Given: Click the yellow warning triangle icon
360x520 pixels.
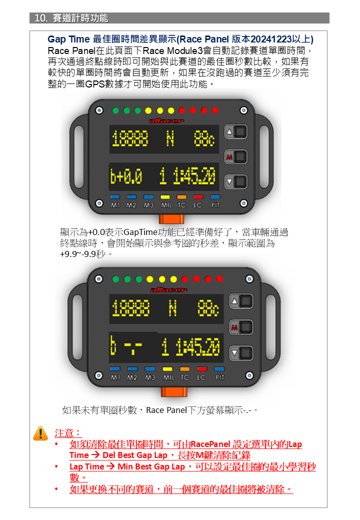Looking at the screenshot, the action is (x=41, y=433).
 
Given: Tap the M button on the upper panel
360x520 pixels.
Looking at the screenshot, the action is (x=236, y=157).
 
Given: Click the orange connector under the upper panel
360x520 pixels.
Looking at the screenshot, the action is (x=171, y=219).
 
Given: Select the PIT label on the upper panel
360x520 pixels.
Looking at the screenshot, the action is (x=215, y=205).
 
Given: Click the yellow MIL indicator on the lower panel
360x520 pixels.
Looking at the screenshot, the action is (x=167, y=369).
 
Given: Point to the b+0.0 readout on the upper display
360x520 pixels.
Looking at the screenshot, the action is (x=126, y=176).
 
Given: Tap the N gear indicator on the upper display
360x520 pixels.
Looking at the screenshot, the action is (x=170, y=138).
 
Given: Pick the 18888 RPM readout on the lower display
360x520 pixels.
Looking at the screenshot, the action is (x=130, y=308).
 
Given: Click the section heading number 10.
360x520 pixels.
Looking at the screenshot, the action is (x=41, y=18).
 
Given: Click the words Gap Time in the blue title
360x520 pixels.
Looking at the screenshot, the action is (x=68, y=39).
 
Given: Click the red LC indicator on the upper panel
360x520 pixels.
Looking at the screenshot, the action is (x=198, y=197).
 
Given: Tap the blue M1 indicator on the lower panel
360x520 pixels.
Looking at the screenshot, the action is (x=115, y=369).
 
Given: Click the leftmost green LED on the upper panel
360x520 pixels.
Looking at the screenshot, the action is (x=115, y=110).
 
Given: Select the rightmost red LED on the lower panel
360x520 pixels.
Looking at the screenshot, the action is (x=220, y=279).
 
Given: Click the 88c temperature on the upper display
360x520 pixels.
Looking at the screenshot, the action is (x=204, y=138).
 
